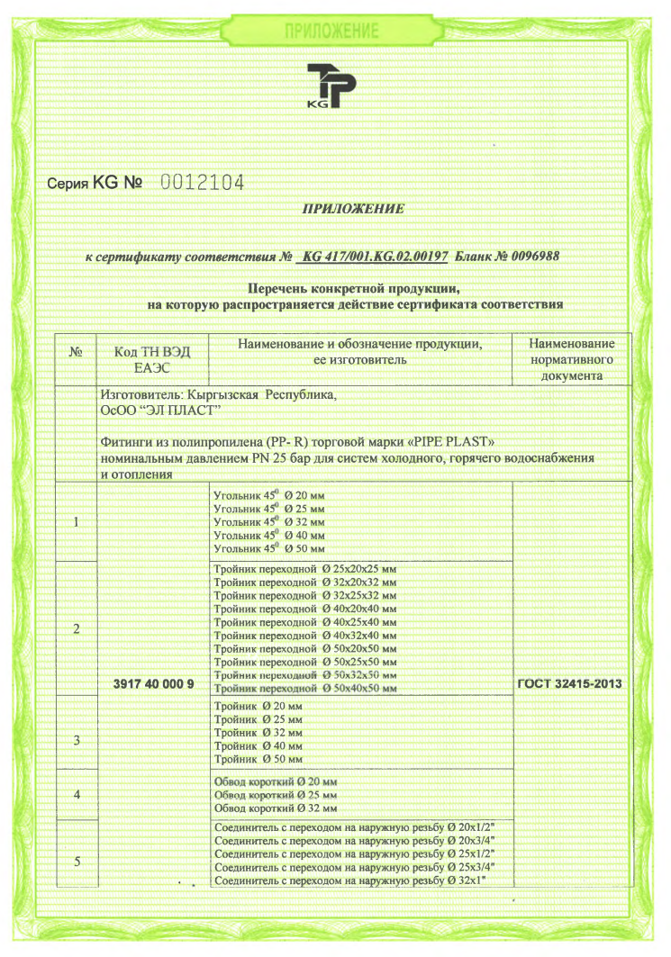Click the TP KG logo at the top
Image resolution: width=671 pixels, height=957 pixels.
click(x=331, y=86)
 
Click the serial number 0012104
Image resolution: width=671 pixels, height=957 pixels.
click(x=202, y=183)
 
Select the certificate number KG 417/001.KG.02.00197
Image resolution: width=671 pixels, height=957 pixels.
click(x=376, y=256)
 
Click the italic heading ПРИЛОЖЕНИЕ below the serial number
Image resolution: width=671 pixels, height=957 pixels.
click(x=353, y=209)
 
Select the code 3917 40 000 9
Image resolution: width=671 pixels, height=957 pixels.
click(x=154, y=684)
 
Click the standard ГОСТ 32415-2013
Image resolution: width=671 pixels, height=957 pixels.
click(x=569, y=684)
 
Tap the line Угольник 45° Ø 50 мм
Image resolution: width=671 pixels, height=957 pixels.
click(x=268, y=547)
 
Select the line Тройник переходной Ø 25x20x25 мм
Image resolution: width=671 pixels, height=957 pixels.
click(x=306, y=570)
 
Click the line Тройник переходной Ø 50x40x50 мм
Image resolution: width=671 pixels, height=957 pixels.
click(x=306, y=688)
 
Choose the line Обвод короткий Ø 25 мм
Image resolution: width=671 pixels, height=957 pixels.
click(x=276, y=795)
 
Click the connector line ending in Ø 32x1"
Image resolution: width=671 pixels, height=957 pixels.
click(x=356, y=880)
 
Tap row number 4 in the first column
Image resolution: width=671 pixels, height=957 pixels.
click(x=77, y=794)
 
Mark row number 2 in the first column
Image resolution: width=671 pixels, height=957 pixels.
click(x=77, y=628)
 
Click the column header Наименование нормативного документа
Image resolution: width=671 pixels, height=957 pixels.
click(x=571, y=359)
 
